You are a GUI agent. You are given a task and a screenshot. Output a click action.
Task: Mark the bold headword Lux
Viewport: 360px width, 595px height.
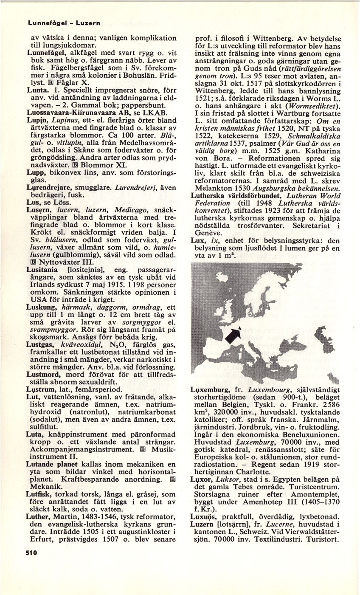click(x=198, y=240)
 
